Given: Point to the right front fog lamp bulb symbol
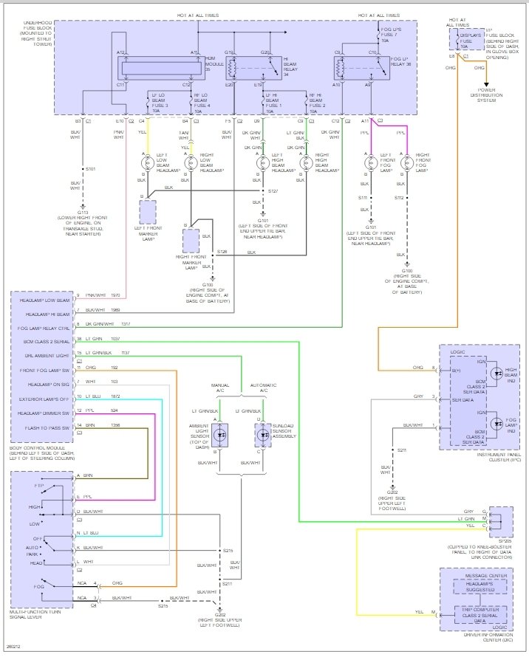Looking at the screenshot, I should coord(406,162).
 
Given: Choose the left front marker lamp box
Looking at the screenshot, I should coord(148,211).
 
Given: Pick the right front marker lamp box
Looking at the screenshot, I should coord(191,241).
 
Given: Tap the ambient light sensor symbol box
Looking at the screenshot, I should coord(221,435).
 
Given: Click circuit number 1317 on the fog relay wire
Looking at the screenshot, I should coord(146,323).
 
